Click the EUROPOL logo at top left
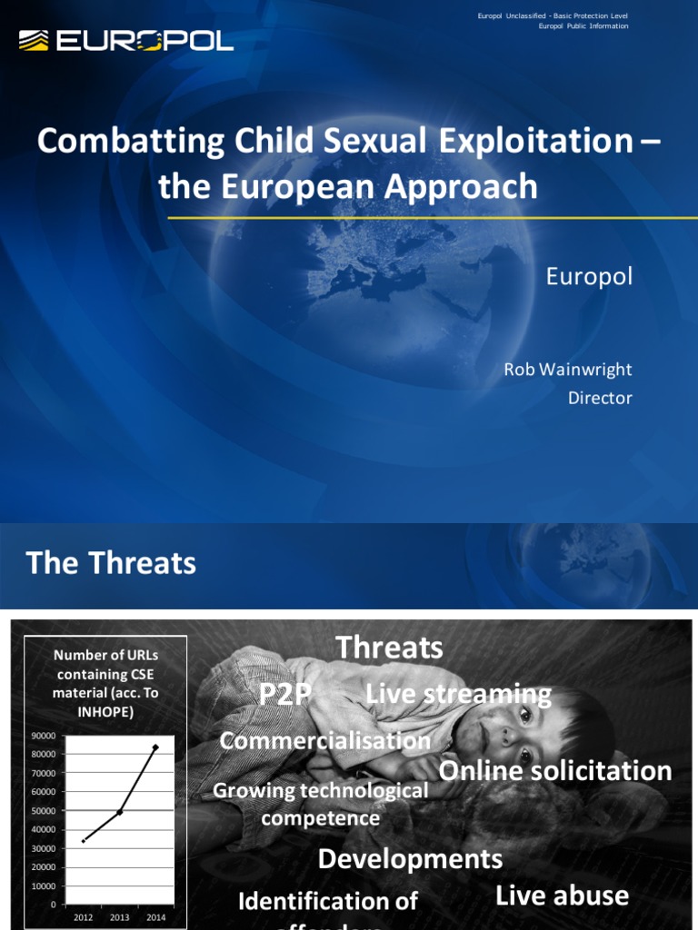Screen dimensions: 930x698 pos(126,40)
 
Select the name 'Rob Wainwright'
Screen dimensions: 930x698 pos(568,369)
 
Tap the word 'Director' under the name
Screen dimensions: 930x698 pos(599,398)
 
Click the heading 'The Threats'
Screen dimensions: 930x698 pos(111,563)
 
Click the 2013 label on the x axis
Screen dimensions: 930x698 pos(119,917)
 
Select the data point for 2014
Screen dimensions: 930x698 pos(155,747)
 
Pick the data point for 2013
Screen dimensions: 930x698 pos(119,812)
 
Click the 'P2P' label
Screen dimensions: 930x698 pos(284,695)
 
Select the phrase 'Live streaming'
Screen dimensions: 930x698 pos(458,695)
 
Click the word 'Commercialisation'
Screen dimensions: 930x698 pos(324,740)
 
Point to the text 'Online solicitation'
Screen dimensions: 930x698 pos(555,771)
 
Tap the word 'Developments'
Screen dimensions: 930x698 pos(410,858)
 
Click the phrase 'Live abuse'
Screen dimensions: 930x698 pos(562,895)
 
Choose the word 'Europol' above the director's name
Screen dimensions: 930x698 pos(588,276)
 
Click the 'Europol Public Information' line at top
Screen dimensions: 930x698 pos(577,26)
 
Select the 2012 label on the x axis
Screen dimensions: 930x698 pos(83,917)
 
